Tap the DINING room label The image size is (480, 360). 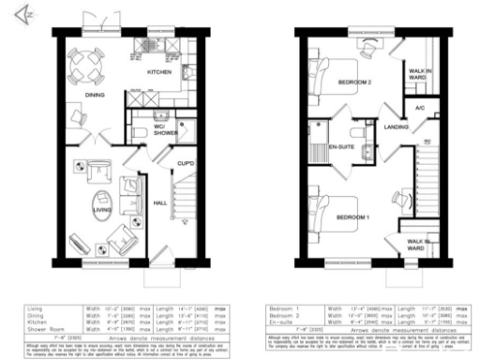pos(95,95)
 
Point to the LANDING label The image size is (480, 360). pos(396,128)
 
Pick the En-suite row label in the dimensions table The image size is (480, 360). pos(282,323)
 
